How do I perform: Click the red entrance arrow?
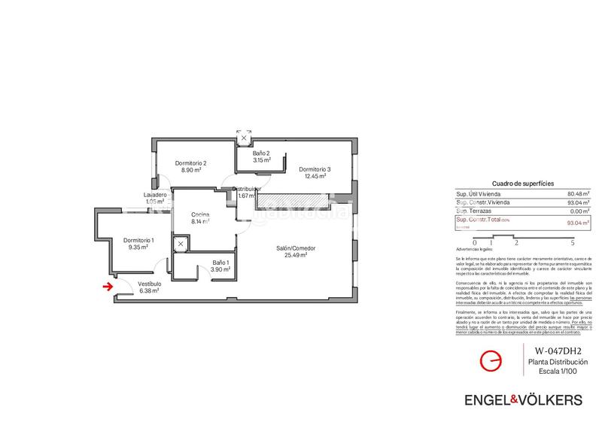coord(108,286)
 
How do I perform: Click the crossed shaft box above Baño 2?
coord(244,138)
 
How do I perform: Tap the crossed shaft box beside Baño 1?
coord(181,244)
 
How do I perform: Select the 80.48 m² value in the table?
coord(579,193)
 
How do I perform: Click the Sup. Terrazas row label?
coord(474,211)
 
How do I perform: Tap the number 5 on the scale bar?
coord(573,243)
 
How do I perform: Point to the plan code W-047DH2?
coord(558,351)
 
